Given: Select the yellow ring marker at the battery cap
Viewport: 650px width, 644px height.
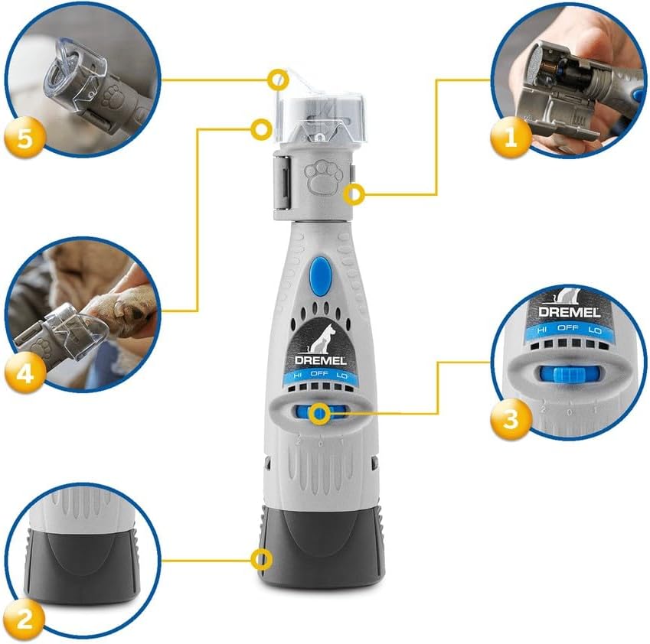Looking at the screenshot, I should tap(263, 560).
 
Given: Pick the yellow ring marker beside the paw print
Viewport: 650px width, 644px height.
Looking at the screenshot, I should tap(353, 195).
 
